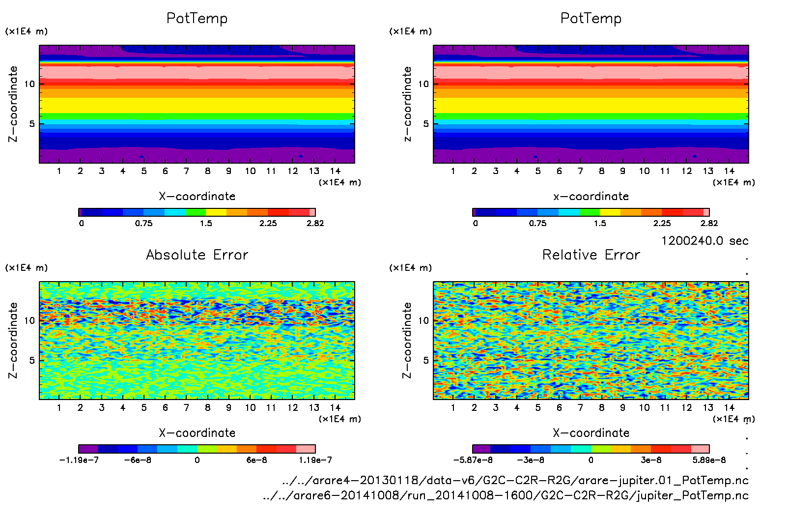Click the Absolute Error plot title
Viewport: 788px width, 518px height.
197,255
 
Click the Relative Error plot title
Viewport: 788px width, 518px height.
591,255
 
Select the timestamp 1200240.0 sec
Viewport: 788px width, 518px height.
704,241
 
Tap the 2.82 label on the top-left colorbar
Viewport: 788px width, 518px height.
315,223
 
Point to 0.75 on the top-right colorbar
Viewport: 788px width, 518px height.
537,223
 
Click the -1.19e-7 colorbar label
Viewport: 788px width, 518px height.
79,460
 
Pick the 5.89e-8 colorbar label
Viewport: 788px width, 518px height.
709,460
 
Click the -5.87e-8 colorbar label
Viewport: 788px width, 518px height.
473,460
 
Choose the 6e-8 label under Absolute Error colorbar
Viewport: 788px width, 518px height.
256,460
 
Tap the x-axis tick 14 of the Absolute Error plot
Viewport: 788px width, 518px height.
335,407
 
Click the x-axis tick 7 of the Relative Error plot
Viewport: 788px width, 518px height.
580,407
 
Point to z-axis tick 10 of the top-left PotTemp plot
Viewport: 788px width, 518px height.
30,84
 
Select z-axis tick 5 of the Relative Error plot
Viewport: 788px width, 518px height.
426,360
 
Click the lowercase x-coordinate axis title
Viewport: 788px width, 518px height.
591,196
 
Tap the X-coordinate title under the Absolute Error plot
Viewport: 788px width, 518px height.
197,433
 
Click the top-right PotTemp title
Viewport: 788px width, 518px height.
591,18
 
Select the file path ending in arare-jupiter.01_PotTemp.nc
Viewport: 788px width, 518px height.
515,480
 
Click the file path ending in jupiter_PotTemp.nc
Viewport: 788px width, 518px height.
506,495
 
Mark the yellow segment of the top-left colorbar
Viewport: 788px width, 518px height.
216,212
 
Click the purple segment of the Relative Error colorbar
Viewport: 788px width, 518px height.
481,449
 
